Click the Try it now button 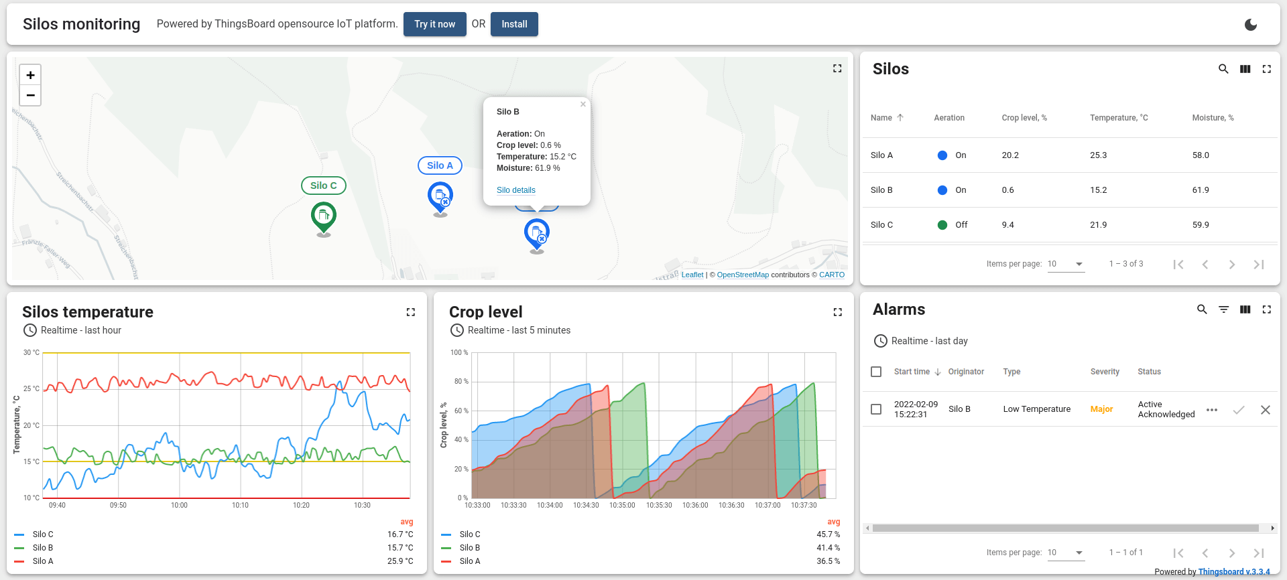coord(434,24)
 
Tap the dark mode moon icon coord(1250,25)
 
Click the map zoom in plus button coord(30,75)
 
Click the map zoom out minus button coord(30,95)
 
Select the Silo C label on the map coord(324,186)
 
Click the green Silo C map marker coord(324,216)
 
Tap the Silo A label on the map coord(440,165)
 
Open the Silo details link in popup coord(515,190)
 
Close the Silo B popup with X coord(583,104)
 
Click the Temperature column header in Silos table coord(1118,118)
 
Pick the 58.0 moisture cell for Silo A coord(1201,155)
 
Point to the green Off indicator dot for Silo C coord(942,225)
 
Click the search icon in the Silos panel coord(1223,69)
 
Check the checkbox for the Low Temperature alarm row coord(876,409)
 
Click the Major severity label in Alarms coord(1101,409)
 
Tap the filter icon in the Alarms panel coord(1223,309)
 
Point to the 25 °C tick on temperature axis coord(32,388)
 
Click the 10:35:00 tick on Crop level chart coord(622,505)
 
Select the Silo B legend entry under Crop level coord(470,548)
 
